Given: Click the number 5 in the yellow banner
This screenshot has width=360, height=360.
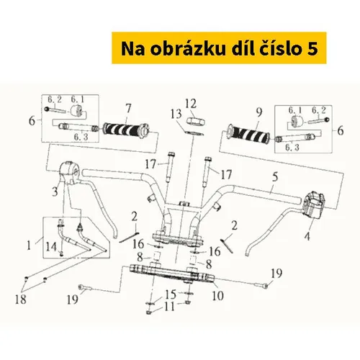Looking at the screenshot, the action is [312, 48].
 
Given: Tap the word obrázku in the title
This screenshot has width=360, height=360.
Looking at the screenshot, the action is [188, 48].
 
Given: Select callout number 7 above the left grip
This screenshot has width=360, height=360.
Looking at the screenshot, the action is [129, 109].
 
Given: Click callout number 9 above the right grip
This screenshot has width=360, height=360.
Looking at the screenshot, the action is [259, 112].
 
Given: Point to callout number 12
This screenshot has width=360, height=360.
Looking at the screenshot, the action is [191, 104].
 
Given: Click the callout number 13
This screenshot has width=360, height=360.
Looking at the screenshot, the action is [176, 114].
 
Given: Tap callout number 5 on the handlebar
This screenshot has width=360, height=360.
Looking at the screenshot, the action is [275, 177].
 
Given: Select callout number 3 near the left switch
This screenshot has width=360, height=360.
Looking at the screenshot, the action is [55, 192].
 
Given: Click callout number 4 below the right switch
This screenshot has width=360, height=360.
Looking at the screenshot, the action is [307, 236].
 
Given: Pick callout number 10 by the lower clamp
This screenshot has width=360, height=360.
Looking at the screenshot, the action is [217, 295].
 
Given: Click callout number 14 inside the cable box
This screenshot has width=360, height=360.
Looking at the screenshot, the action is [51, 246].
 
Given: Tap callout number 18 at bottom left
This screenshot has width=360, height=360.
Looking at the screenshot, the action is [21, 300].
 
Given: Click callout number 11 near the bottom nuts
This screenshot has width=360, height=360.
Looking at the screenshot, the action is [169, 307].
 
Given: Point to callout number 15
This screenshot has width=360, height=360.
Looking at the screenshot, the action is [171, 294].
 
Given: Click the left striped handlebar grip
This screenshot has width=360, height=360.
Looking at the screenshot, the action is [126, 130].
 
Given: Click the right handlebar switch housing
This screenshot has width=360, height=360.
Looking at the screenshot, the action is [314, 204].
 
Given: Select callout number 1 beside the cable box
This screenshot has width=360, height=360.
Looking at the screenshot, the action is [29, 246].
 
